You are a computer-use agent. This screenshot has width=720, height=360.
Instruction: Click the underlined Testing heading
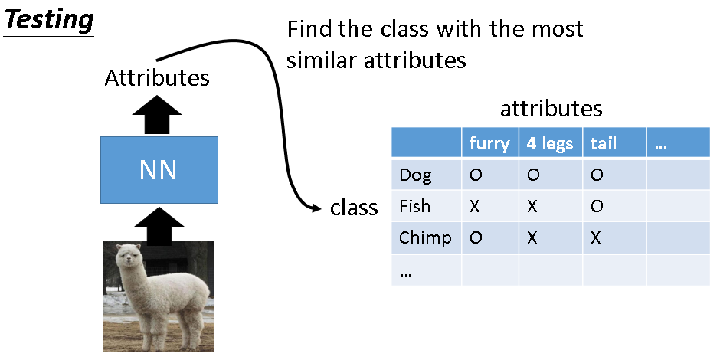(x=48, y=18)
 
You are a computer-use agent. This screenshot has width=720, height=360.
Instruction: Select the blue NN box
(x=159, y=169)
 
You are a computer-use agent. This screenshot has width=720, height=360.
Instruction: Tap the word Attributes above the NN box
(x=157, y=78)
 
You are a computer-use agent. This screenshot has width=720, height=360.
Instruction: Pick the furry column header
(x=489, y=143)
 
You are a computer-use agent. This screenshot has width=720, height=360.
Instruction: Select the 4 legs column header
(x=550, y=143)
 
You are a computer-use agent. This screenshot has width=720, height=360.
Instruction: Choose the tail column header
(x=603, y=143)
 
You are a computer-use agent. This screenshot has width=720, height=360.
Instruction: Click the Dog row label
(x=416, y=175)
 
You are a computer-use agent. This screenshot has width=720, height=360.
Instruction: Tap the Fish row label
(x=415, y=206)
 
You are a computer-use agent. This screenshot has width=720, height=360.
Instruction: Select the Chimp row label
(x=425, y=237)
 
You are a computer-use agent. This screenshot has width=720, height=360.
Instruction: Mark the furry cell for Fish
(x=476, y=206)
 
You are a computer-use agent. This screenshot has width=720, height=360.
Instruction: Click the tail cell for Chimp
(x=597, y=237)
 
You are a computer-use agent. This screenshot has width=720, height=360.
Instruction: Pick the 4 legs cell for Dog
(x=533, y=175)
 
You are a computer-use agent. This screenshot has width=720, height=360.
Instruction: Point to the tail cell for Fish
(x=597, y=206)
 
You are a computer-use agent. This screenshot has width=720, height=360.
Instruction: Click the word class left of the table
(x=354, y=208)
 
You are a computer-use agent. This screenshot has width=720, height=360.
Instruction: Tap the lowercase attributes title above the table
(x=551, y=108)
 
